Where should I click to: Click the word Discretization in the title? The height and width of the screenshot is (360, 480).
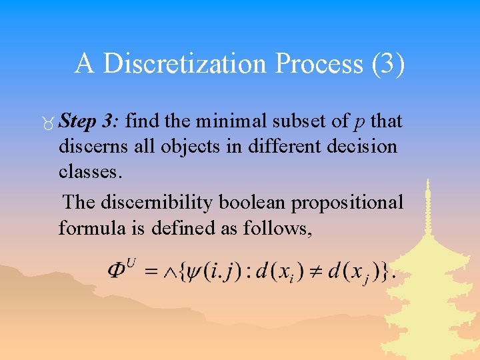183,64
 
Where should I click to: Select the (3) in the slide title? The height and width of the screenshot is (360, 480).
385,64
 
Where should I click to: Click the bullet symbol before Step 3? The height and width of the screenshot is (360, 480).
49,122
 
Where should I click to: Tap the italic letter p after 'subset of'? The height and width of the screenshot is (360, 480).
359,123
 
